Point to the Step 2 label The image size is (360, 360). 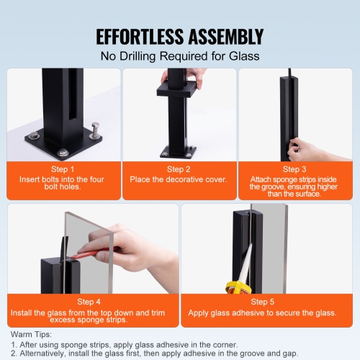(179, 169)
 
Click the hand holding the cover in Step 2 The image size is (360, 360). (176, 75)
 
